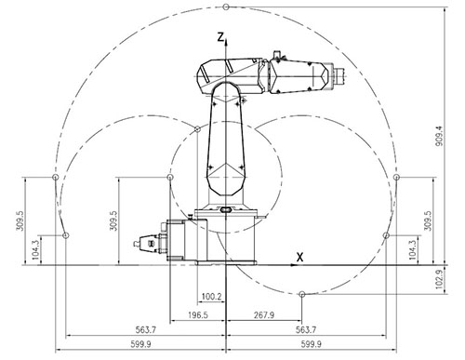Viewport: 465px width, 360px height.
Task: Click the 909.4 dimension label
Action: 440,136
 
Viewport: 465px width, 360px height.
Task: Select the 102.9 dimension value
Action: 440,279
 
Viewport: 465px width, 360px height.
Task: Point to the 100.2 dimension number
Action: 212,297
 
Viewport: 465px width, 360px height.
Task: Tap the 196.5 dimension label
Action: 198,315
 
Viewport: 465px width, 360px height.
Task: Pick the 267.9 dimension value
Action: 264,315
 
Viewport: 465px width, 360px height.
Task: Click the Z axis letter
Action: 220,37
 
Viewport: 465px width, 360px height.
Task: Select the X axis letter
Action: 299,257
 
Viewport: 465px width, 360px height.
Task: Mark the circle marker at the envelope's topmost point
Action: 226,7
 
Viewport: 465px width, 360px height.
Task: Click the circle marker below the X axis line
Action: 302,294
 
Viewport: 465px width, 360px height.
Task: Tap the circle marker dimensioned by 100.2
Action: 197,129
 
